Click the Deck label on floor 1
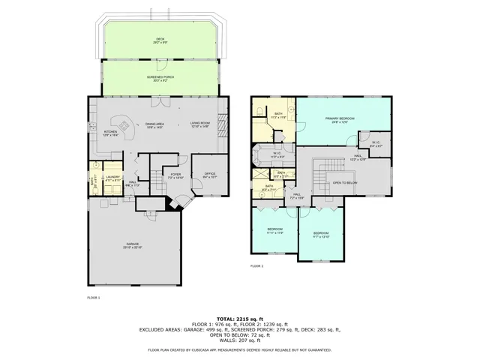click(160, 40)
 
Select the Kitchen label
click(110, 134)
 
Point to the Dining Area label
click(154, 125)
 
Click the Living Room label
click(199, 125)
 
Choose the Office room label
click(210, 175)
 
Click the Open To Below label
click(344, 182)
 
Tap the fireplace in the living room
click(222, 126)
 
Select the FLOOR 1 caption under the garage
click(94, 298)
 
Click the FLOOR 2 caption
click(256, 266)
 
